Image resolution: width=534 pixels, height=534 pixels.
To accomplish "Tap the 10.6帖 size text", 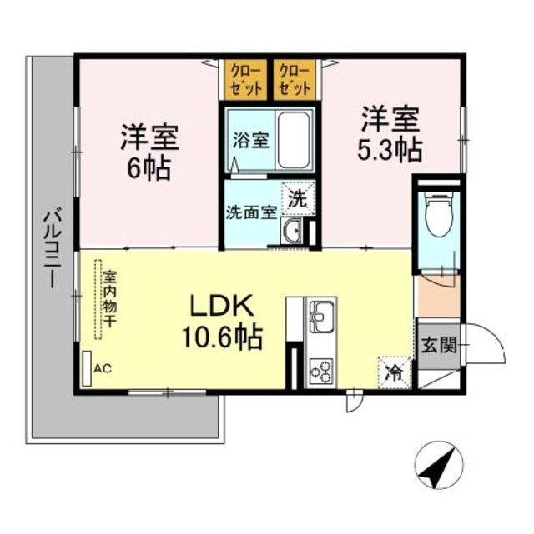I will point(223,337).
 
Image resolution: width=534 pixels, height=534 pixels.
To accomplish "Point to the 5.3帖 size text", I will point(390,150).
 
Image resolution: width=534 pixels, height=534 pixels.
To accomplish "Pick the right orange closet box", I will point(295,78).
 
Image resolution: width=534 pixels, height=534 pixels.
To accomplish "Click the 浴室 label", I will point(250,140).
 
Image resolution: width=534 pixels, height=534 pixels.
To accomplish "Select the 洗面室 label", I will point(251,212).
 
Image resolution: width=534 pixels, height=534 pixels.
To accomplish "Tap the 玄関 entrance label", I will point(437,342).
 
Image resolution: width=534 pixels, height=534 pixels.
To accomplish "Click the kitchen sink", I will point(321,317).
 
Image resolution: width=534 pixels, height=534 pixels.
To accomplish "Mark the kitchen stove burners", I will point(321,367).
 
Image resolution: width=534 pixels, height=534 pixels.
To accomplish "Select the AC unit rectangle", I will point(87,367).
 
